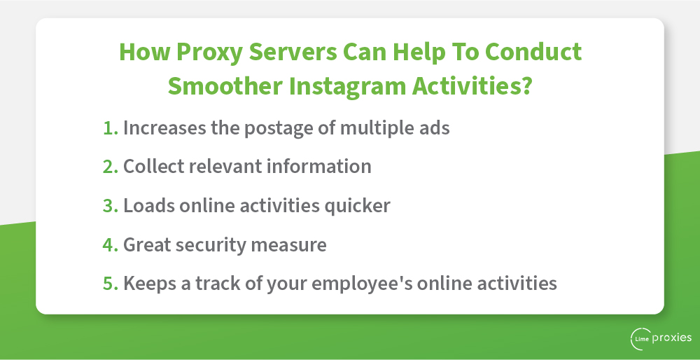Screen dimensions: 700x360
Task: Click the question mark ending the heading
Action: [x=525, y=85]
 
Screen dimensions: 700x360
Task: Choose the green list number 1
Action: [x=111, y=127]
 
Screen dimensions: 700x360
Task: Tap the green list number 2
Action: [x=111, y=167]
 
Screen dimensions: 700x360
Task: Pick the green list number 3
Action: [x=111, y=205]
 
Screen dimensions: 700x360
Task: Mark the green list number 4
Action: [x=111, y=244]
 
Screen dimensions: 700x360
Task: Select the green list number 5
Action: [x=111, y=284]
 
